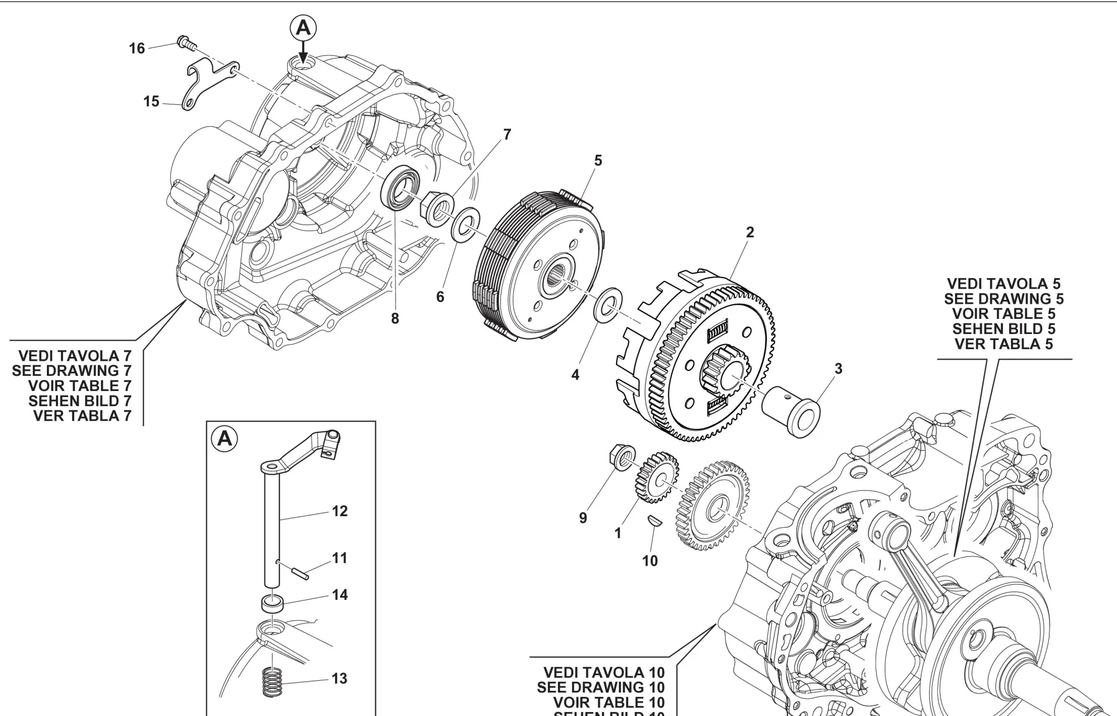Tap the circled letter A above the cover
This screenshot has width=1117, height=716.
coord(303,27)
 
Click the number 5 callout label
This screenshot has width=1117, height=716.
coord(598,161)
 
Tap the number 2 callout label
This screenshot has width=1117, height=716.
coord(750,232)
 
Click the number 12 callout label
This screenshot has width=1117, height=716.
coord(340,511)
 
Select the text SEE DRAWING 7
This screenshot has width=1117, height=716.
coord(71,371)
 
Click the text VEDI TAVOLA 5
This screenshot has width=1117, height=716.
coord(1004,284)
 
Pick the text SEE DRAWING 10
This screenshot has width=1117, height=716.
coord(600,688)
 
